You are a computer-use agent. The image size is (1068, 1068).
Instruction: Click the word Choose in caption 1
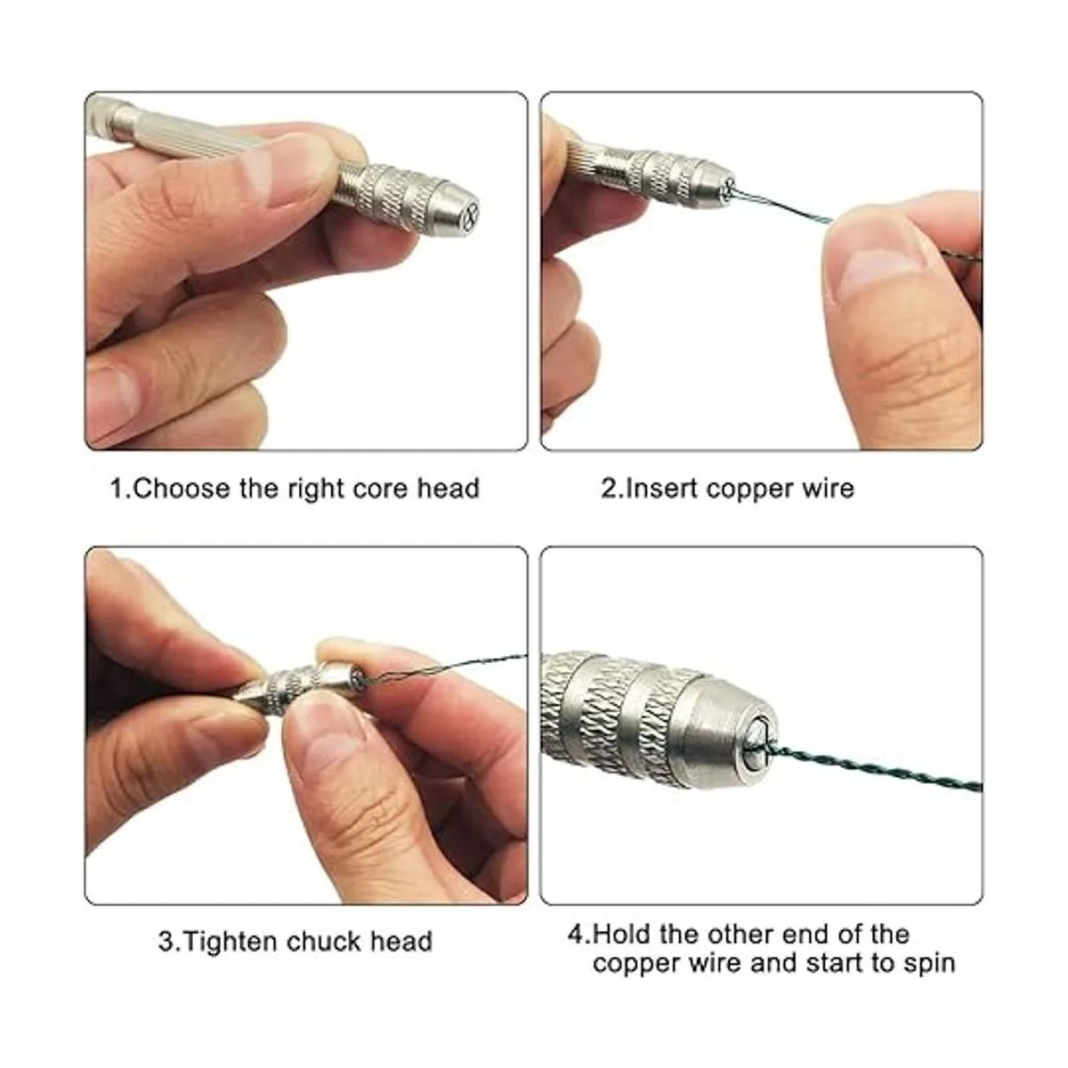(182, 489)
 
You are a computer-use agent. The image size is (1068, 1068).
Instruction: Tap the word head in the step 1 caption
(448, 489)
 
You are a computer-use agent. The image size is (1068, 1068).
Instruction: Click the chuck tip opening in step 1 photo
(470, 212)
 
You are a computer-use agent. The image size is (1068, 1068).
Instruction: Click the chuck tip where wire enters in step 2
(729, 189)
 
